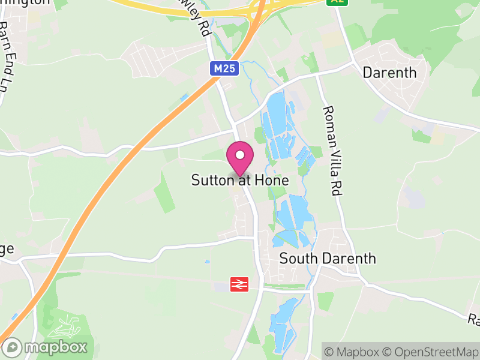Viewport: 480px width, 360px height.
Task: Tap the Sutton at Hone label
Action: coord(240,180)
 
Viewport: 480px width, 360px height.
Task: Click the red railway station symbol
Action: coord(239,284)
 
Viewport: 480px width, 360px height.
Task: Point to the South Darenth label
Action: coord(328,259)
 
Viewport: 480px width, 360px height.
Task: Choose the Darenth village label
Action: coord(389,73)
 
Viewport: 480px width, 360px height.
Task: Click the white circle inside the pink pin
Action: coord(240,155)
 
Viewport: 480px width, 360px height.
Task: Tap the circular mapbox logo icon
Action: coord(13,347)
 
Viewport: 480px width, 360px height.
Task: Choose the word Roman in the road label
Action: coord(329,123)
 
